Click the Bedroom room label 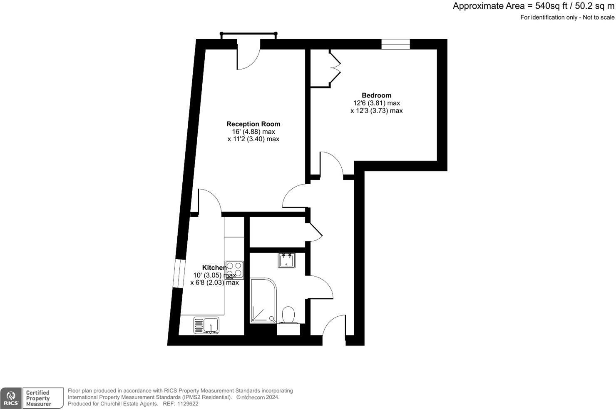(x=376, y=95)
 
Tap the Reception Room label (x=253, y=124)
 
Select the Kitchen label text (x=214, y=267)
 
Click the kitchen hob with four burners (x=234, y=270)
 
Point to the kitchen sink (x=206, y=325)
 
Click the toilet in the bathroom (x=288, y=315)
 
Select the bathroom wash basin (x=287, y=260)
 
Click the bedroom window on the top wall (x=395, y=44)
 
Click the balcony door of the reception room (x=248, y=56)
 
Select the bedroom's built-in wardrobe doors (x=335, y=64)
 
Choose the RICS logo (x=11, y=398)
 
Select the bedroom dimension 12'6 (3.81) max (x=376, y=103)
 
